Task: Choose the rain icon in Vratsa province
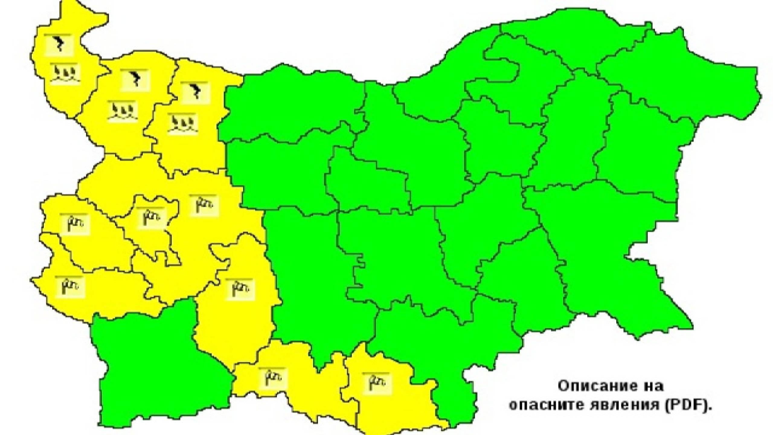[x=182, y=124]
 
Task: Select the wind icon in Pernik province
[x=75, y=224]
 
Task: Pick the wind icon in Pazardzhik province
[x=240, y=289]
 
